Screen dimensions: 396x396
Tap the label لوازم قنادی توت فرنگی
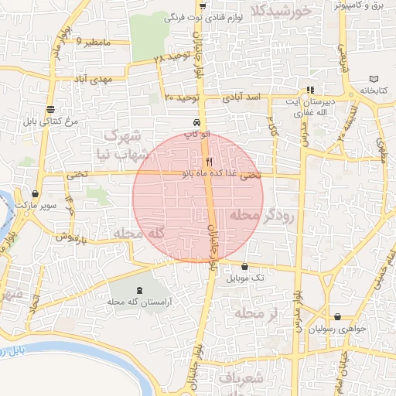[x=241, y=17]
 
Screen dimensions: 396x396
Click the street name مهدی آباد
[x=94, y=79]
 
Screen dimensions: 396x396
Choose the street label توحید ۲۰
[x=183, y=97]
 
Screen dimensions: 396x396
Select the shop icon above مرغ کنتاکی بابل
[x=50, y=109]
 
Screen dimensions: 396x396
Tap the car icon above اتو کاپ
[x=198, y=122]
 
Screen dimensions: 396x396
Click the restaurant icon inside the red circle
[x=208, y=162]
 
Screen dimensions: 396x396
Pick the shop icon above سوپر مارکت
[x=36, y=194]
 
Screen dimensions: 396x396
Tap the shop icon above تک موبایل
[x=246, y=265]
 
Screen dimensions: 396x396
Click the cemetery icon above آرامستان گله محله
[x=128, y=289]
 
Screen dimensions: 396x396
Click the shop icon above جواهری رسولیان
[x=338, y=316]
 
